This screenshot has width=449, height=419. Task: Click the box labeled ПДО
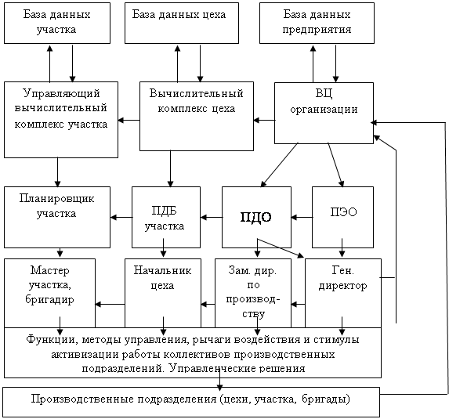click(256, 217)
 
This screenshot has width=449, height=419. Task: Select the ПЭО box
click(342, 217)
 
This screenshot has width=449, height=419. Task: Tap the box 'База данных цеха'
click(182, 23)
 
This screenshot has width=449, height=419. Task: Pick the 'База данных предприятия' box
click(317, 23)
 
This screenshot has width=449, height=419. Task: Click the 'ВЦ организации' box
click(324, 113)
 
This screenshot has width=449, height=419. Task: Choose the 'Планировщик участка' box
click(57, 217)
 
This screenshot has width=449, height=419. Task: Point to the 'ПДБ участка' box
click(166, 217)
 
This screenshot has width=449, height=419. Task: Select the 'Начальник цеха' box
click(163, 293)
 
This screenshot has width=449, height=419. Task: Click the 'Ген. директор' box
click(343, 293)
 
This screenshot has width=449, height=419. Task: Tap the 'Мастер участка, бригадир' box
click(49, 293)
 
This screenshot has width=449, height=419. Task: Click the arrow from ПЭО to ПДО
click(302, 218)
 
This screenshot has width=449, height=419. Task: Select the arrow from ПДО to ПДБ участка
click(212, 218)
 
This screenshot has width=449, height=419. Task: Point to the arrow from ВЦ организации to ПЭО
click(335, 164)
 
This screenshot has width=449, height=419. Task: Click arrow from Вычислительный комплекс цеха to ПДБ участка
click(170, 168)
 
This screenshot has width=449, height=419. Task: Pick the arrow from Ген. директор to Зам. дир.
click(298, 304)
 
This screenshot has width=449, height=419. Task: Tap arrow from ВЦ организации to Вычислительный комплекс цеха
click(264, 120)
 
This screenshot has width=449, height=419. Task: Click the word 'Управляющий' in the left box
click(61, 94)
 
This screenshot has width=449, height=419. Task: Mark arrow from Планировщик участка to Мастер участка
click(60, 252)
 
